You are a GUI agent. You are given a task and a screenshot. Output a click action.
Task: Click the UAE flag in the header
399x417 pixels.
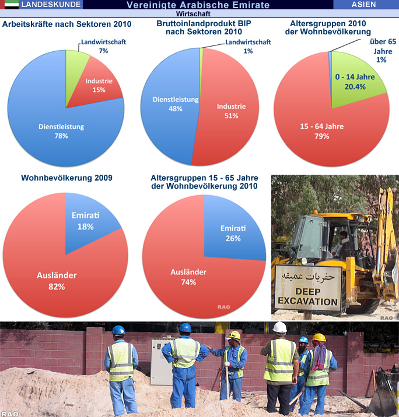(x=10, y=5)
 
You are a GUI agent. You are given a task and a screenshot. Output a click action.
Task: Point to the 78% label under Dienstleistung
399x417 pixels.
(x=61, y=136)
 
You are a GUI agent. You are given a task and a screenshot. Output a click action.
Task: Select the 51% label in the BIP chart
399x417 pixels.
(x=232, y=116)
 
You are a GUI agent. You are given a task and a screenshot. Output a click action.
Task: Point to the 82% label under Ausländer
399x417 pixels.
(x=57, y=286)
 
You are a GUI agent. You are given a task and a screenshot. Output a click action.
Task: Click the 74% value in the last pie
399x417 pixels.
(x=188, y=281)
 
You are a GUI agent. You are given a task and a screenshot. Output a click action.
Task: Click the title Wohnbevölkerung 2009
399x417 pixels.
(x=66, y=178)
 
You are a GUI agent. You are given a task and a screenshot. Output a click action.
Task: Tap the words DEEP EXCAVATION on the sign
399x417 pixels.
(x=308, y=296)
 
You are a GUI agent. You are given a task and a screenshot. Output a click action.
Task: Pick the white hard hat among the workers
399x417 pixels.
(x=280, y=327)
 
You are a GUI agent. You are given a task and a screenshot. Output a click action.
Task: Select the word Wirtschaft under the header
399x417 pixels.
(x=199, y=13)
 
